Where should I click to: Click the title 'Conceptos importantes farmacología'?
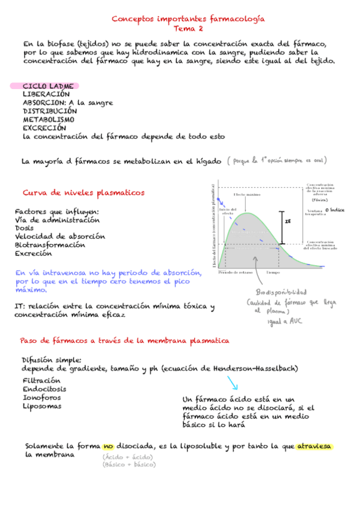[x=188, y=19]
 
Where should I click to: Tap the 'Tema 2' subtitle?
[x=188, y=28]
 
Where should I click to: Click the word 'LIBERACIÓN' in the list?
[x=46, y=94]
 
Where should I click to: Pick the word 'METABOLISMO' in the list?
[x=49, y=120]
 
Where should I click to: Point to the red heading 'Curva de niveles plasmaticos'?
[x=84, y=192]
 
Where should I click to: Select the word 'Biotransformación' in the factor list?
[x=50, y=245]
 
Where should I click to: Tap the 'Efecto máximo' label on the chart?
[x=246, y=195]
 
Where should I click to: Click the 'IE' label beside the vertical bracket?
[x=288, y=221]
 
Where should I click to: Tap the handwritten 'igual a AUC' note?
[x=286, y=322]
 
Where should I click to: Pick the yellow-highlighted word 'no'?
[x=108, y=446]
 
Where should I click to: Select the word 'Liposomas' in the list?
[x=42, y=406]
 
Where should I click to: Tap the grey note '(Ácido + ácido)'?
[x=127, y=457]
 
